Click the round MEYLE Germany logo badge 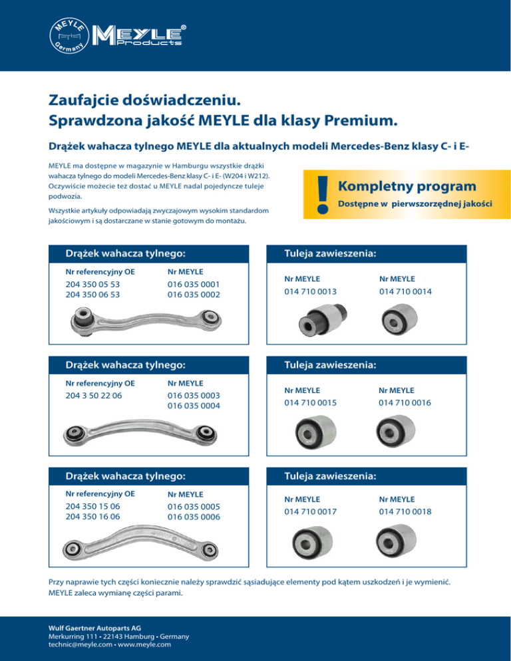point(69,37)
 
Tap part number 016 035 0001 point(194,284)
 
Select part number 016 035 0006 point(194,517)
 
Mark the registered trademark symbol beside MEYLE point(183,28)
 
